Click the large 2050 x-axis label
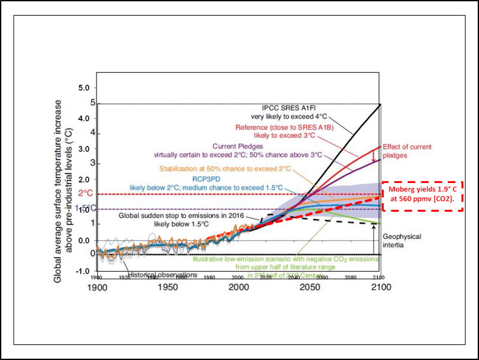click(x=309, y=287)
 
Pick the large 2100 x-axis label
click(x=379, y=287)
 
